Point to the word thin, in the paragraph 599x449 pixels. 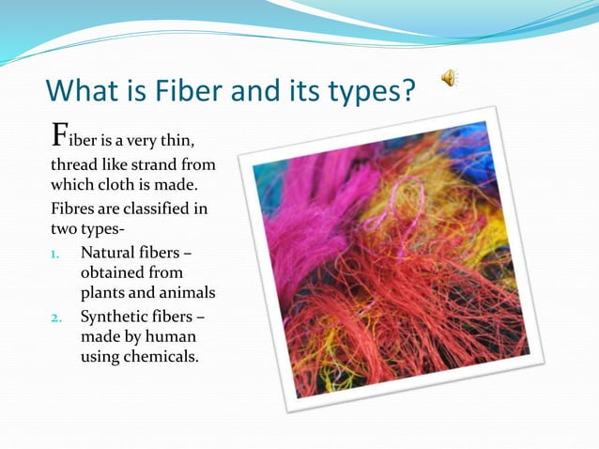pos(173,142)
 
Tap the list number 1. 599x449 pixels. pos(55,254)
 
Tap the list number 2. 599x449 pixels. pos(55,317)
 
